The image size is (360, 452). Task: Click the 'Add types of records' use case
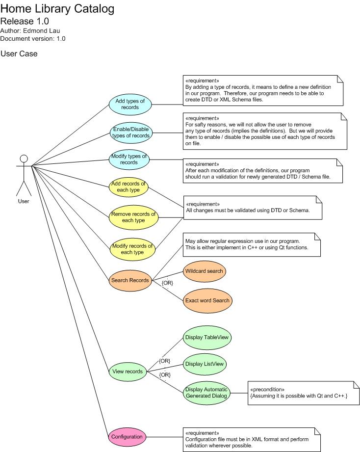click(130, 104)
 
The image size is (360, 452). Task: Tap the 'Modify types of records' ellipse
click(129, 159)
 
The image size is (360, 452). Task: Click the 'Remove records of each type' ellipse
click(133, 217)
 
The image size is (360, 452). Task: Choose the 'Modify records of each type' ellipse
click(132, 249)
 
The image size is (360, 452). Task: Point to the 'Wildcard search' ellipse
click(204, 271)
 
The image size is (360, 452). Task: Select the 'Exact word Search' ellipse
click(207, 300)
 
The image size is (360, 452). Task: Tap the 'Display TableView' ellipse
click(206, 337)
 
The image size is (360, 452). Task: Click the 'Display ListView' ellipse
click(205, 364)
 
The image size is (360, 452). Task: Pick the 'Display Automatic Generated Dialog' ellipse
click(206, 393)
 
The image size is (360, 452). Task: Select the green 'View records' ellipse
click(128, 372)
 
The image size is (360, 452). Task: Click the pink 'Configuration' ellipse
click(127, 436)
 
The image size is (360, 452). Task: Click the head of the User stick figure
click(23, 159)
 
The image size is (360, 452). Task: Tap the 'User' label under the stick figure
click(23, 201)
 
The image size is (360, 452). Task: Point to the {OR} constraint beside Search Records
click(167, 283)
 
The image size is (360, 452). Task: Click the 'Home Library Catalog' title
click(57, 9)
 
